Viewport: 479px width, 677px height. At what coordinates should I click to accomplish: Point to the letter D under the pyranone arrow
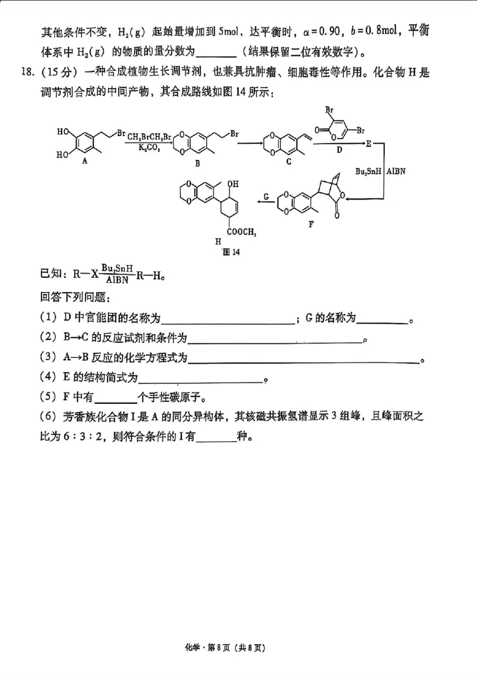point(339,151)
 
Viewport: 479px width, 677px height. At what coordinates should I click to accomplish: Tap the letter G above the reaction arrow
point(266,196)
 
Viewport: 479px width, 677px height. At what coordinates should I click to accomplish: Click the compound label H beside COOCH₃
point(219,240)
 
